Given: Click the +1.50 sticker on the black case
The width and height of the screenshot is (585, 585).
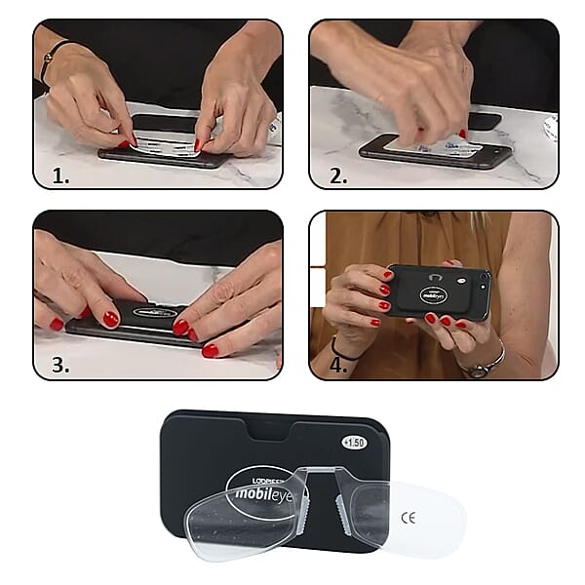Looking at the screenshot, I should click(x=355, y=442).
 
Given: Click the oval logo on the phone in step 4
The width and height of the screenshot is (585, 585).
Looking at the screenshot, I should click(x=434, y=293).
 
